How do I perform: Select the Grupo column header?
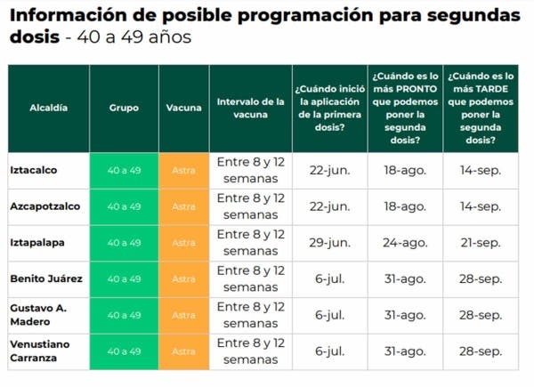[124, 108]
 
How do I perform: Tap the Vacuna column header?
[183, 108]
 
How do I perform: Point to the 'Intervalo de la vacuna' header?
[250, 108]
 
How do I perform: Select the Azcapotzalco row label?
[44, 206]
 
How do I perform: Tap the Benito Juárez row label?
[45, 278]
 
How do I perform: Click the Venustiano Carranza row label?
[39, 351]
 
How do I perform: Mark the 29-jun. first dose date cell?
[330, 243]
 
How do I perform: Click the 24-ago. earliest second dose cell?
[405, 243]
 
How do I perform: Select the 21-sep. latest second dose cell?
[481, 243]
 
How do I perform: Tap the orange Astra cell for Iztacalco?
[183, 170]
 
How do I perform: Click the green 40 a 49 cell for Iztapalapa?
[124, 243]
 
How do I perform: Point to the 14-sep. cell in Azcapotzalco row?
[481, 206]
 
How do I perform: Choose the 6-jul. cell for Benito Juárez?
[330, 278]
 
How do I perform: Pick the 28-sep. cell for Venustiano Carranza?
[481, 351]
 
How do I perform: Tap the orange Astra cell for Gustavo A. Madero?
[183, 315]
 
